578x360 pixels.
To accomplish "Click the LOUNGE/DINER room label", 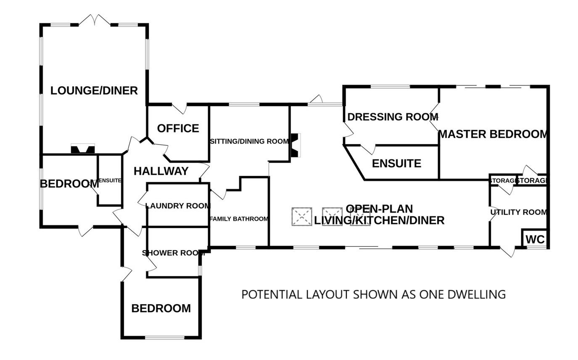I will [x=94, y=91].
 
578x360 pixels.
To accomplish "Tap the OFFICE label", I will [x=178, y=129].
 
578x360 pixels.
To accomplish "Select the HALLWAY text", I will [x=161, y=171].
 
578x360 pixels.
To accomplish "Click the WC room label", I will [x=535, y=240].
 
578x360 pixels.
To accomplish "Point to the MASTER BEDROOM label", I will [x=493, y=134].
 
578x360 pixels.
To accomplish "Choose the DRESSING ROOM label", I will [x=393, y=117].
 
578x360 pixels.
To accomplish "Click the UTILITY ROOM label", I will [x=519, y=213].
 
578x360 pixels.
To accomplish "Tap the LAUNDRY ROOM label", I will [x=177, y=206].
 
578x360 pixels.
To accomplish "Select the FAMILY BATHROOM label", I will [x=239, y=219].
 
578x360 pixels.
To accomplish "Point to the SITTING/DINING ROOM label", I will [x=249, y=142].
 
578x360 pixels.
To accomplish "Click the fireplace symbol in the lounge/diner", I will [x=82, y=149].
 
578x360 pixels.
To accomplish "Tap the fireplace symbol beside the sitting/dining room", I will [x=296, y=145].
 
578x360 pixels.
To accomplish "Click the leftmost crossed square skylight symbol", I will [x=302, y=217].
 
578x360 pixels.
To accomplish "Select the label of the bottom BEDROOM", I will [x=161, y=309].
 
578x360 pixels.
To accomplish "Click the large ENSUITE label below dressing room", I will [x=396, y=164].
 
